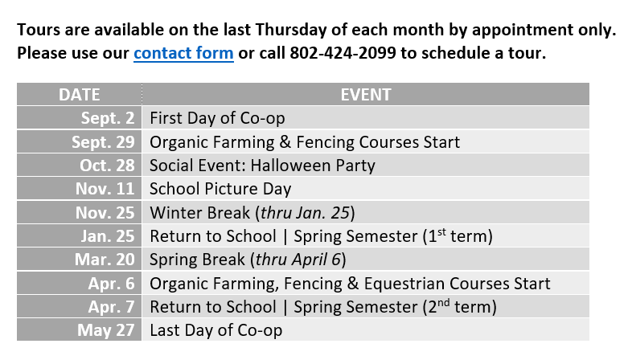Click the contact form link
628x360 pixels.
(x=183, y=53)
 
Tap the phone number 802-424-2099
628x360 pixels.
(x=343, y=53)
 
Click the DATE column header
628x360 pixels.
(x=80, y=95)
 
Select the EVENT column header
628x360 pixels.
(x=366, y=95)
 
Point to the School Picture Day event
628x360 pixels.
(x=220, y=189)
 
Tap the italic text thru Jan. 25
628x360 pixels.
(x=306, y=213)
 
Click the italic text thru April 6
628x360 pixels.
(x=298, y=260)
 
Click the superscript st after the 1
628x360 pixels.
(x=441, y=232)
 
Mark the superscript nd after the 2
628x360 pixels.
(x=444, y=303)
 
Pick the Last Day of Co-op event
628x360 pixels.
(x=215, y=330)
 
